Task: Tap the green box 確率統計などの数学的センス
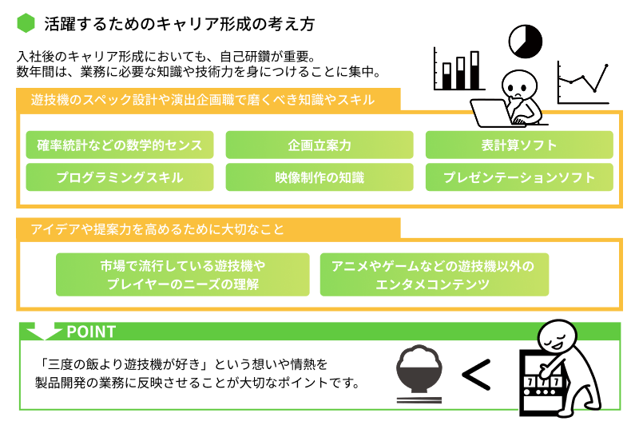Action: tap(120, 145)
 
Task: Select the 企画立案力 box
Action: tap(319, 145)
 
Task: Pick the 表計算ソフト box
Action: tap(519, 145)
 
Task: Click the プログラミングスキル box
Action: tap(120, 177)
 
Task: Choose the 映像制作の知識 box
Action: tap(319, 177)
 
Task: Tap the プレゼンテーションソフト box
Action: tap(519, 177)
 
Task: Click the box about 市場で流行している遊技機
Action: tap(182, 275)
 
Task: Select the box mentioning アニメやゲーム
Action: tap(434, 275)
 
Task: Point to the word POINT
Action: tap(91, 331)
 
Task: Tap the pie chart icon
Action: tap(525, 40)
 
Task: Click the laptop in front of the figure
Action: tap(492, 113)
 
